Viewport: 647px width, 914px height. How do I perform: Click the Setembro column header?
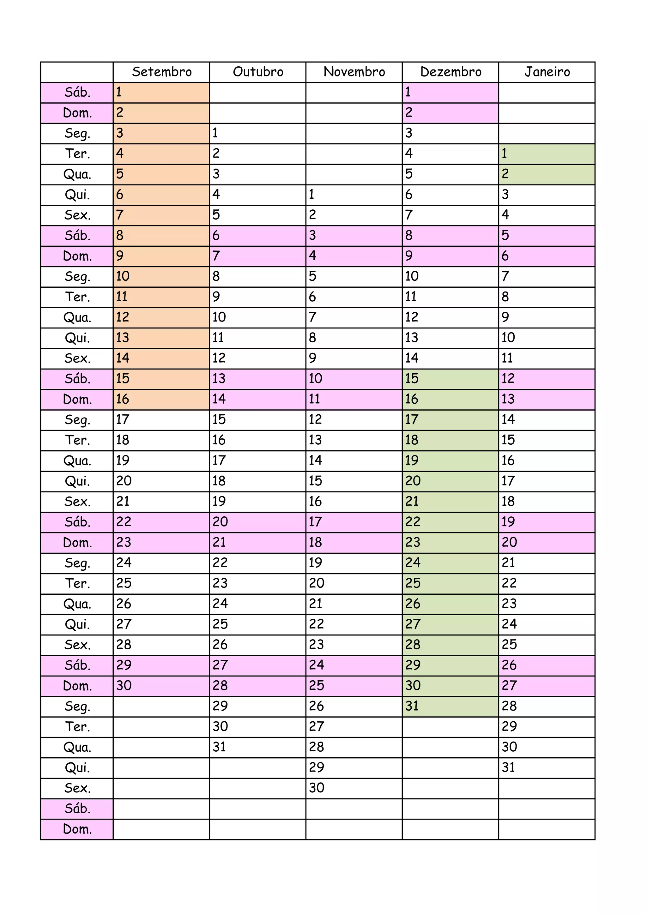[161, 72]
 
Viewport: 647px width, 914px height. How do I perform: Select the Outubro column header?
[258, 72]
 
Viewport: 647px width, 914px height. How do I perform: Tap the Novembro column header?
[354, 72]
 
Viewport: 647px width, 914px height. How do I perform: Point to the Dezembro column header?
[450, 72]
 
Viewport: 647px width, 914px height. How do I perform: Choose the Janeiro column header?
[547, 72]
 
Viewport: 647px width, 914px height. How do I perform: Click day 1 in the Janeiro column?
[505, 154]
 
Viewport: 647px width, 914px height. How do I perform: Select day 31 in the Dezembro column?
[412, 706]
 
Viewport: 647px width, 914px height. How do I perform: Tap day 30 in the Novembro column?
[317, 788]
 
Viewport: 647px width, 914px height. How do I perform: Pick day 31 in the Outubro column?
[219, 747]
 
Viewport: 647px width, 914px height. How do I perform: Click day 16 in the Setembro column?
[123, 399]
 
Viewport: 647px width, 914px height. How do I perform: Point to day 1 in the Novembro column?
[311, 195]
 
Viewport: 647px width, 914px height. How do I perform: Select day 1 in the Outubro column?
[215, 133]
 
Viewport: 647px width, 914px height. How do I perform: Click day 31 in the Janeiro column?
[508, 767]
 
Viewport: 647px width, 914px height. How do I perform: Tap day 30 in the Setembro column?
[124, 686]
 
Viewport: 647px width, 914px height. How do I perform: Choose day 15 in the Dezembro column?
[412, 379]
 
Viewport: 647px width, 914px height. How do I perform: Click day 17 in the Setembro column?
[123, 420]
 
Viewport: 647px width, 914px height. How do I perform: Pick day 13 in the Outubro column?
[219, 379]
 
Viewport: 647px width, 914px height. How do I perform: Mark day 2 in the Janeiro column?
[505, 174]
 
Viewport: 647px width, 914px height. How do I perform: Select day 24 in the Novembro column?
[317, 665]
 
